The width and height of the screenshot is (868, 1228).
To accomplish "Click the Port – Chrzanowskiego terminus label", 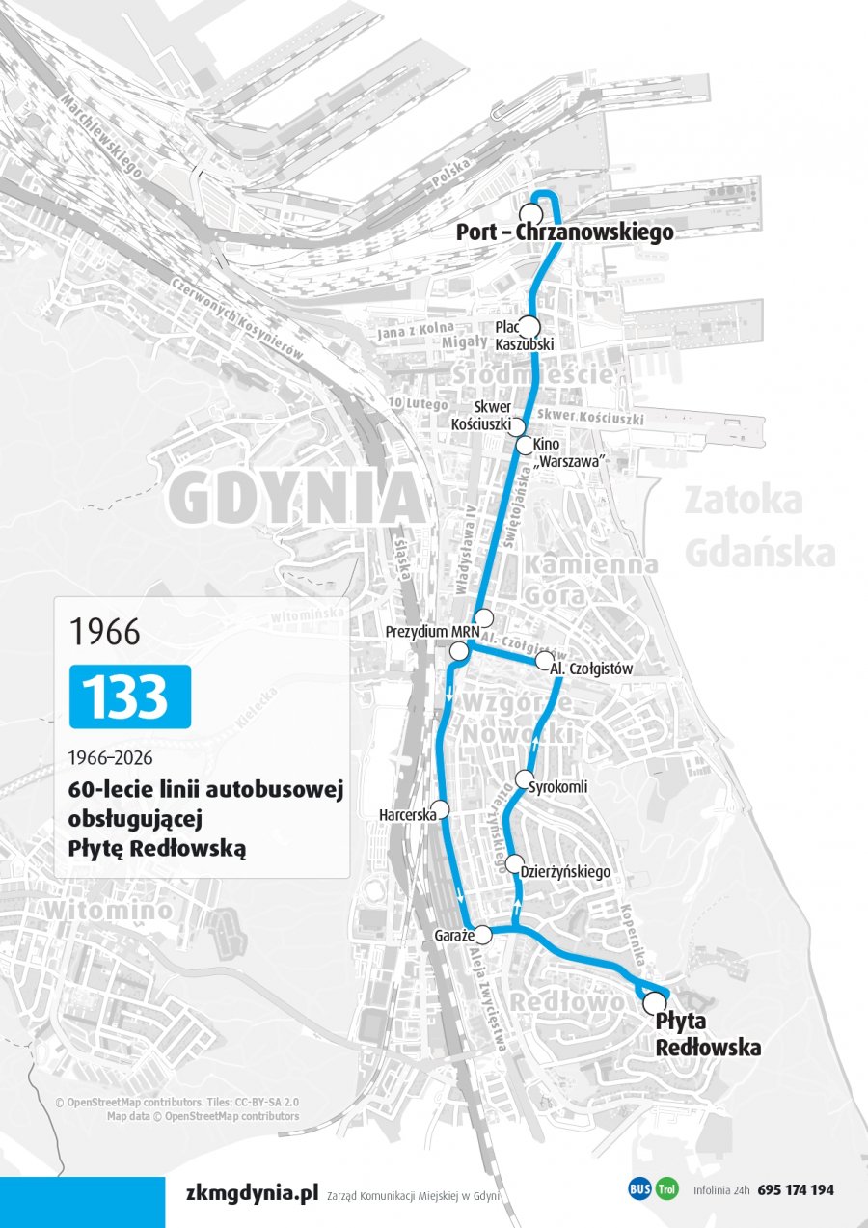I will click(x=565, y=232).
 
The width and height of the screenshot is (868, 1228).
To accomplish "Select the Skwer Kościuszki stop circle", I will click(x=517, y=426).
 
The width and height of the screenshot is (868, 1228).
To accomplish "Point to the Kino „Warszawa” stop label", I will click(x=574, y=452).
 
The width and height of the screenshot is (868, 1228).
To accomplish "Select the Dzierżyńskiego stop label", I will click(x=565, y=872).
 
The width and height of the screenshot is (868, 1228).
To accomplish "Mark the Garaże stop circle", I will click(x=483, y=934).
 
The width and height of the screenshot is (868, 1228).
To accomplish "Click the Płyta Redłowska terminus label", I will click(x=707, y=1034).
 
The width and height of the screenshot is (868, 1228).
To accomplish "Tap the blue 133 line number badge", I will click(x=130, y=696).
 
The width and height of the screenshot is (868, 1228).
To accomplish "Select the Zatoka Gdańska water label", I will click(x=758, y=527).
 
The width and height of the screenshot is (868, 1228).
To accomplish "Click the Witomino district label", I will click(x=110, y=910).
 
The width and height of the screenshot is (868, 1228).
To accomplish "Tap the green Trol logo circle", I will click(x=667, y=1189).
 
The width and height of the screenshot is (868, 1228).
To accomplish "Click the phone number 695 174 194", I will click(x=796, y=1190).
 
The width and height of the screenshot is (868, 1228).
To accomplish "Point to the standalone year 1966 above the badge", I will click(x=104, y=632).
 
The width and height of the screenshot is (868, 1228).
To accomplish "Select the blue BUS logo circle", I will click(x=639, y=1189).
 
